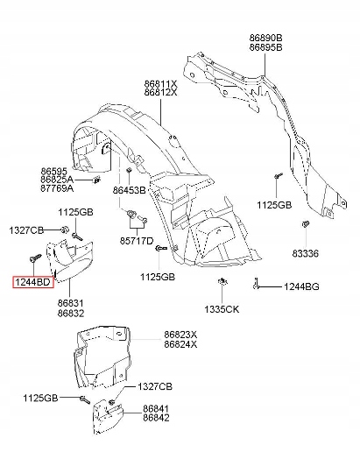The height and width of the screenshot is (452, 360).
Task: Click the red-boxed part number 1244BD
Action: pos(32,283)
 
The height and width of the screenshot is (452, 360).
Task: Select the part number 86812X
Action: pos(160,91)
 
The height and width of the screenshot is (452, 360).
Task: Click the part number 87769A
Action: pos(56,188)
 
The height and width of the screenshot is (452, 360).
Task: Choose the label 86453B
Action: pos(129,190)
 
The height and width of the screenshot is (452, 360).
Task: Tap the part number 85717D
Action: pos(138,240)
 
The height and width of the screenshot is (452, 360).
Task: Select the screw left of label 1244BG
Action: pos(256,285)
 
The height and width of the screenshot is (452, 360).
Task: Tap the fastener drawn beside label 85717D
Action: pos(132,215)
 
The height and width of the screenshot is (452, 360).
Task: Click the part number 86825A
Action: pos(56,179)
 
